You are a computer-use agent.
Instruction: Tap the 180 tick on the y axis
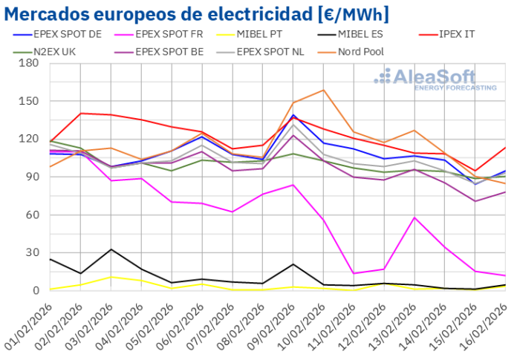pyautogui.click(x=30, y=63)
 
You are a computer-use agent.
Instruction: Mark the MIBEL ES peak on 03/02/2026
pyautogui.click(x=111, y=249)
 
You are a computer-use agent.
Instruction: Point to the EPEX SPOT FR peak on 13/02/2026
pyautogui.click(x=414, y=217)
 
